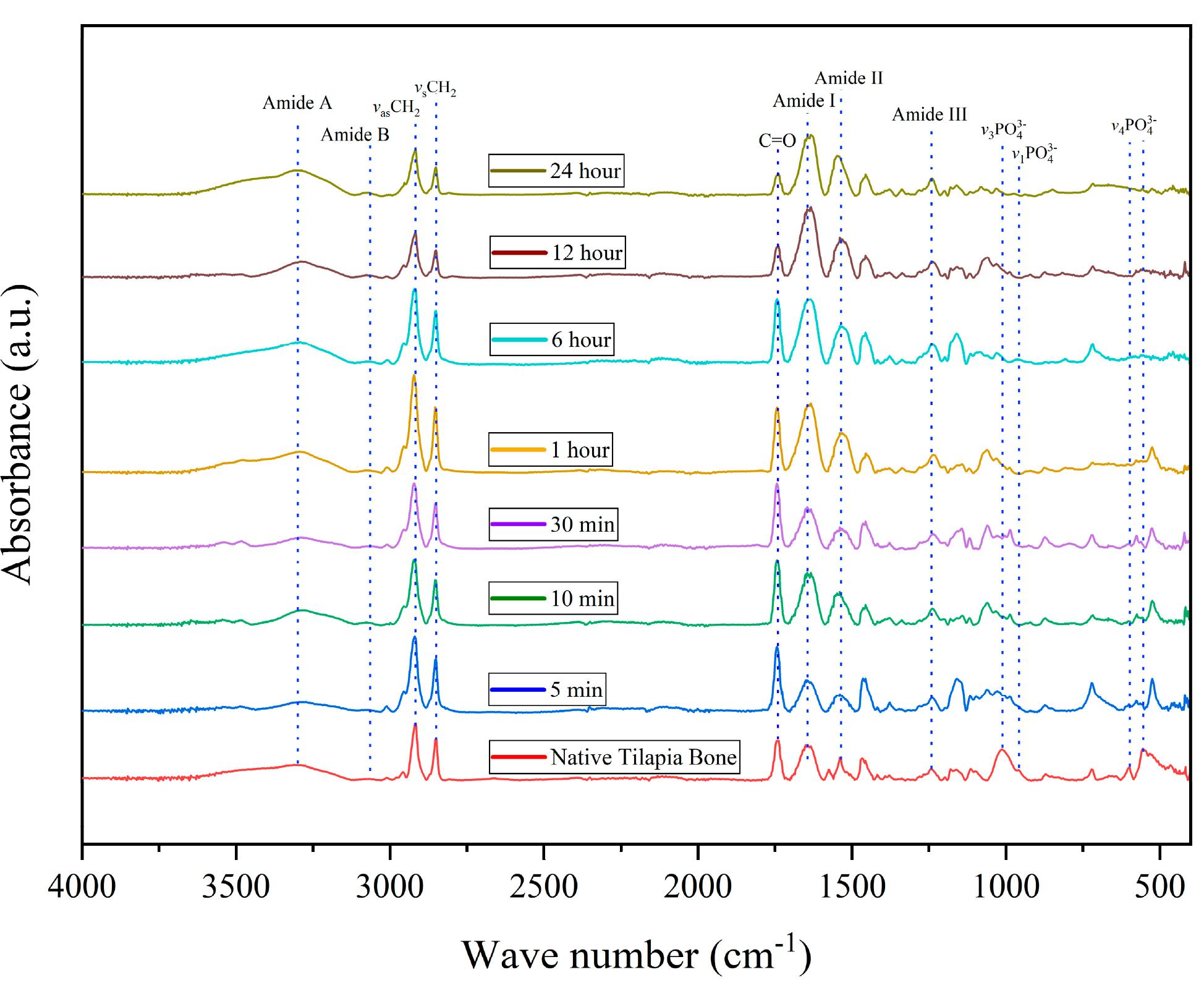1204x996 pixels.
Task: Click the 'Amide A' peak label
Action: pos(297,103)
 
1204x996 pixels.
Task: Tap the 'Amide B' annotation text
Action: pos(355,135)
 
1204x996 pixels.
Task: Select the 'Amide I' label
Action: pos(803,101)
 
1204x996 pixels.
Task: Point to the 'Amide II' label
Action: pos(848,78)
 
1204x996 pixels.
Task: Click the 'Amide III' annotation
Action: pos(929,114)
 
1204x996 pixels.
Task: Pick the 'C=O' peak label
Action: pos(777,141)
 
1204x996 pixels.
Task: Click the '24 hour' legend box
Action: pos(556,171)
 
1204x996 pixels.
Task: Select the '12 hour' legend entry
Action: pos(557,252)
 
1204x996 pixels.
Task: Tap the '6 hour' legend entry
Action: pos(551,339)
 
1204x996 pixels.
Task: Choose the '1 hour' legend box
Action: pos(550,449)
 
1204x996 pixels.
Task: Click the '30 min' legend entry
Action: pos(553,524)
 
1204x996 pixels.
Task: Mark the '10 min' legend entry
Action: pos(553,598)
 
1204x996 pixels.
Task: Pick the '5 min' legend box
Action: pos(546,689)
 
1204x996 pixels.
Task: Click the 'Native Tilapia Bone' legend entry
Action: pos(614,757)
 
